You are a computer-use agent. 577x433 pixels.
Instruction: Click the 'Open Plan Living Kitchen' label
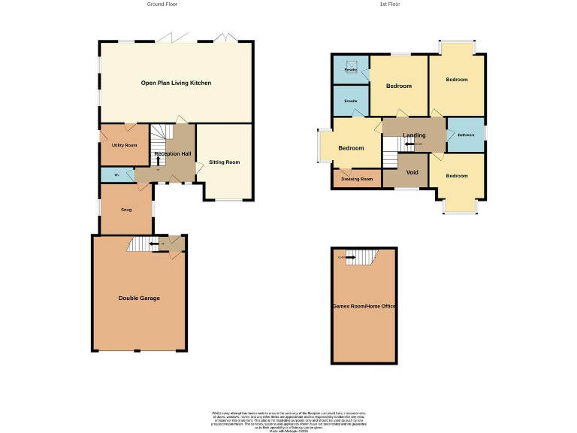tap(176, 83)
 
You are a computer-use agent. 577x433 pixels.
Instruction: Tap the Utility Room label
tap(124, 144)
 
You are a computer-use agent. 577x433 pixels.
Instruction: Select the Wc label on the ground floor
tap(116, 175)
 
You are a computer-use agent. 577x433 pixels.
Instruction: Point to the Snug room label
tap(125, 209)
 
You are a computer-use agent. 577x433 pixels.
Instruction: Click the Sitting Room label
tap(224, 162)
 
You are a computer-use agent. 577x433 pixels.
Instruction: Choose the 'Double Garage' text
tap(139, 298)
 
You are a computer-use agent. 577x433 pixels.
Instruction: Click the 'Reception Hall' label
tap(173, 154)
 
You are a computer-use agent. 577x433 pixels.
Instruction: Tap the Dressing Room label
tap(357, 179)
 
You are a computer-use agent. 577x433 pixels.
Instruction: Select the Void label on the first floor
tap(412, 172)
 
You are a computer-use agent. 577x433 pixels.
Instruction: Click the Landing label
tap(414, 135)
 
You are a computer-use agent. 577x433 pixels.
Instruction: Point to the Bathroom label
tap(466, 135)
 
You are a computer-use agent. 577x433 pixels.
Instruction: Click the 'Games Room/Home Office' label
tap(364, 307)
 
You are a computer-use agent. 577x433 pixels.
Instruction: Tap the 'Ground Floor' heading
tap(162, 5)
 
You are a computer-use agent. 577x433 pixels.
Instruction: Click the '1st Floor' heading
tap(389, 5)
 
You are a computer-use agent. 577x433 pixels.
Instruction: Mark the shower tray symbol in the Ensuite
tap(350, 65)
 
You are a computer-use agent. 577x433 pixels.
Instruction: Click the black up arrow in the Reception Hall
tap(159, 160)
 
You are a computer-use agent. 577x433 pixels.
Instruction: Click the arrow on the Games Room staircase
tap(349, 258)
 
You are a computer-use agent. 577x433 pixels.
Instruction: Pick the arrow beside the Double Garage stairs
tap(153, 244)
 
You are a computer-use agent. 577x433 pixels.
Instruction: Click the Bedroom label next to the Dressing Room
tap(351, 148)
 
